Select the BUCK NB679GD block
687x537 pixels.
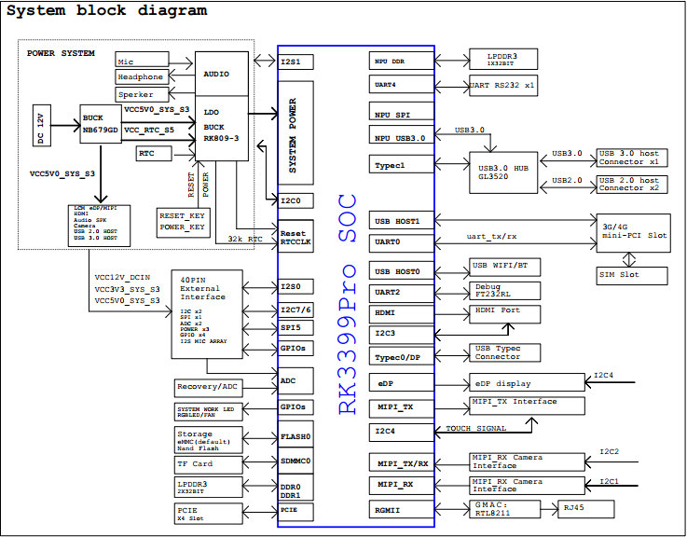[101, 124]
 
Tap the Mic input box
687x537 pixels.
[141, 60]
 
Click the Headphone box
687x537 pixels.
[141, 77]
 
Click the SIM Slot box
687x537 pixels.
[631, 275]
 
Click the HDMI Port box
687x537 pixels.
[504, 313]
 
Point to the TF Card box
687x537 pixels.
[208, 463]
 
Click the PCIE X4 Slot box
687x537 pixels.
[208, 511]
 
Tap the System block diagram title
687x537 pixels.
[107, 11]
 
